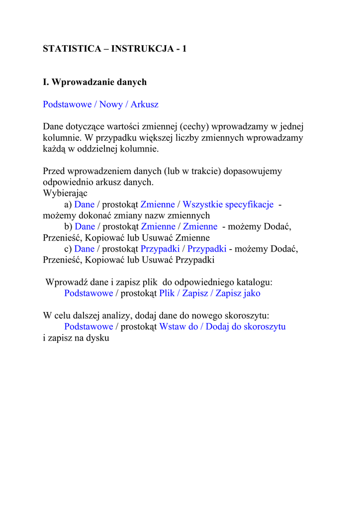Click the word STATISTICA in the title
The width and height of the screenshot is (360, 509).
[71, 49]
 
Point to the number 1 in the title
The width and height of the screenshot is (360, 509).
[184, 49]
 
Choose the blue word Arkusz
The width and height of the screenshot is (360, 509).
[145, 104]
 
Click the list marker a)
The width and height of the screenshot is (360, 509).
[68, 205]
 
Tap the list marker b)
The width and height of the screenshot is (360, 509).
[68, 227]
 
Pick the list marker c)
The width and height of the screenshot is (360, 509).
[68, 249]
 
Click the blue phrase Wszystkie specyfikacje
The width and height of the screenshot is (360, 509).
[228, 205]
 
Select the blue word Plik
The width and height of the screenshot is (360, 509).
[167, 293]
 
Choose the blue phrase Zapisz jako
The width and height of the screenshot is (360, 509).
[238, 293]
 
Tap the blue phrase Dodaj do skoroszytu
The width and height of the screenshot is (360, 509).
[246, 327]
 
